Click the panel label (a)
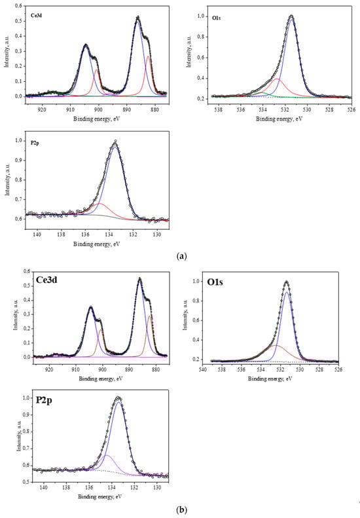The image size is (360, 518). [x=180, y=257]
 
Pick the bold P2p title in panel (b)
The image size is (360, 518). [x=33, y=399]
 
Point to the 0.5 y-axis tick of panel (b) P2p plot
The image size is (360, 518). [x=19, y=482]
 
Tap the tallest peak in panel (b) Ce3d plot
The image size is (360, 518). [x=139, y=279]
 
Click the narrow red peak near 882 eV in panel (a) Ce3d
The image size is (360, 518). [x=149, y=57]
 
